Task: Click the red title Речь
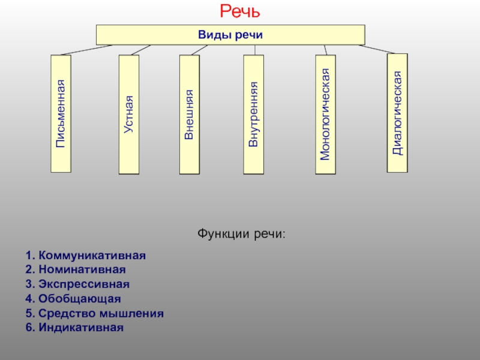[240, 11]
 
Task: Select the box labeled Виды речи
[230, 35]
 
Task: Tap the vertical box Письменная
[61, 113]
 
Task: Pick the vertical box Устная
[129, 115]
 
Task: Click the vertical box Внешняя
[190, 115]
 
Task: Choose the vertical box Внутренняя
[253, 115]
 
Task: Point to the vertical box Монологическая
[325, 115]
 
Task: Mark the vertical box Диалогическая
[397, 113]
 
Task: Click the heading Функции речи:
[241, 234]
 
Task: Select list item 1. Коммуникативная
[86, 256]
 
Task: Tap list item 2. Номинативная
[76, 269]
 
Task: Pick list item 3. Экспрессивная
[77, 284]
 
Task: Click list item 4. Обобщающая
[73, 298]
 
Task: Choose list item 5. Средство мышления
[95, 313]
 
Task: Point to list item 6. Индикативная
[74, 327]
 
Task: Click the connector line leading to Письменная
[86, 50]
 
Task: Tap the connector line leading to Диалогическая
[377, 49]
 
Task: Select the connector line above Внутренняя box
[254, 50]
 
